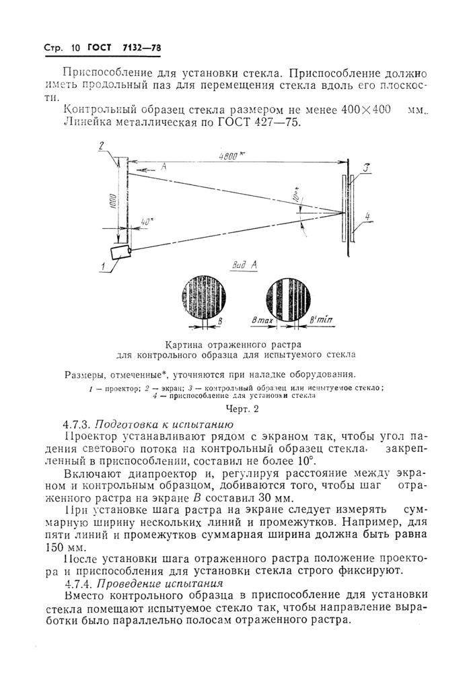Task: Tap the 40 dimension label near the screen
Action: [x=146, y=222]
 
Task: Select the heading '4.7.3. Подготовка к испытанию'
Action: [x=147, y=425]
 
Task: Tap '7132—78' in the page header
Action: [x=142, y=48]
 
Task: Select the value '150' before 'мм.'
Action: [x=75, y=549]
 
